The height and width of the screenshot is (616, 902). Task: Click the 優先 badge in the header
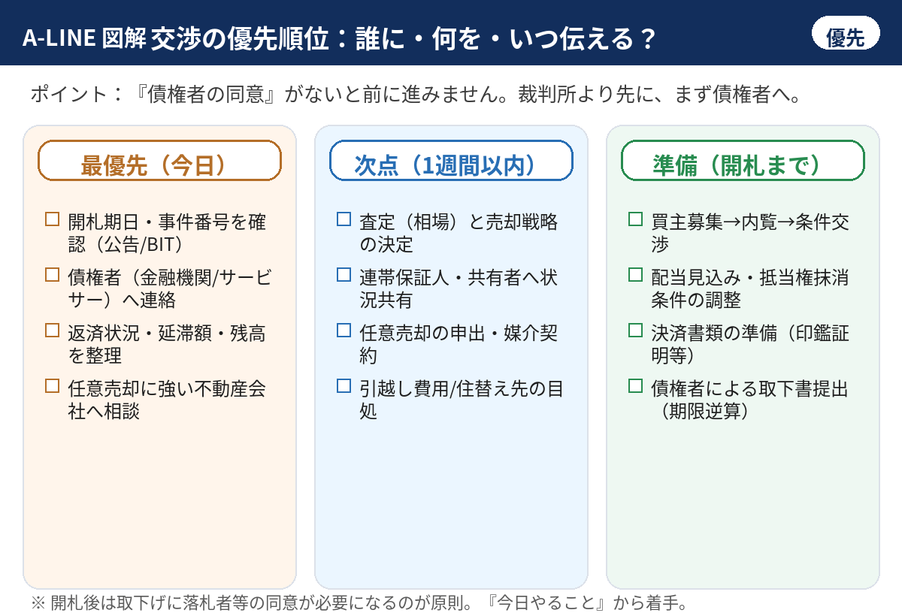(x=845, y=33)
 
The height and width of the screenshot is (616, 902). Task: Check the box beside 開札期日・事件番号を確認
(x=53, y=219)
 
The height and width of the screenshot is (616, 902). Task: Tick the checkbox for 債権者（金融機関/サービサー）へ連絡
(x=53, y=275)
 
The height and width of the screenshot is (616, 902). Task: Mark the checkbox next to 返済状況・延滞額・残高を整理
(x=53, y=331)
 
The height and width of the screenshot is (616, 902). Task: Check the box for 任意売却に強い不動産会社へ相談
(x=53, y=386)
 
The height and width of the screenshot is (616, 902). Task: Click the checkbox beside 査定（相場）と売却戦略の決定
(x=344, y=219)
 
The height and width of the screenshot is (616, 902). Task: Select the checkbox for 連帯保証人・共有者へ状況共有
(x=344, y=275)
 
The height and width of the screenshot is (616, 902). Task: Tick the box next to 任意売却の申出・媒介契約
(x=344, y=331)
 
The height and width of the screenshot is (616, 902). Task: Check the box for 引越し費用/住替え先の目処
(x=344, y=386)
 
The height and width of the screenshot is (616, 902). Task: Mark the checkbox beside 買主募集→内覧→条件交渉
(x=635, y=219)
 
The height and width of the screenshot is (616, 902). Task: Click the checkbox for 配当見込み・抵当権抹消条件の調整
(x=635, y=275)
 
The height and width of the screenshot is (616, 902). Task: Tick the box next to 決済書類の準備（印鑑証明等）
(x=635, y=331)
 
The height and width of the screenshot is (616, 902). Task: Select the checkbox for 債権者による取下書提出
(x=635, y=386)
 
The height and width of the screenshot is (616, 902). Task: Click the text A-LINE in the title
(x=59, y=38)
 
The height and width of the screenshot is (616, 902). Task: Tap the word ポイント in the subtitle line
(x=69, y=94)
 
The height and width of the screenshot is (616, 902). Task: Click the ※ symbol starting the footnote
(x=38, y=602)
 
